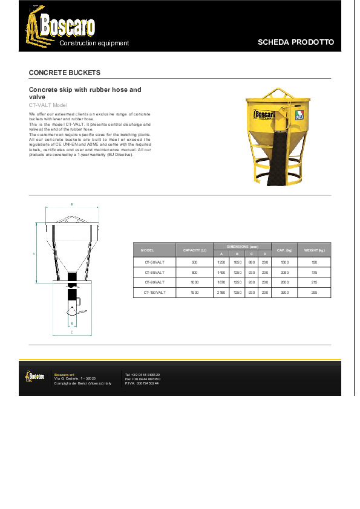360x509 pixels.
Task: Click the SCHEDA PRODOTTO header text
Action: (295, 42)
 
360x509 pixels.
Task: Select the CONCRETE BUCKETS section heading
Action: (65, 73)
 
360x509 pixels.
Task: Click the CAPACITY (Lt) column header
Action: (194, 250)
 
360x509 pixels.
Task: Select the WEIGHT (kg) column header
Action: (315, 250)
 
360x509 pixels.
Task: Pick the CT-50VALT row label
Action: (154, 262)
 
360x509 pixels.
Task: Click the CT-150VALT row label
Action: (154, 292)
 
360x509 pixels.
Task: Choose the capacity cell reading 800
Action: (194, 273)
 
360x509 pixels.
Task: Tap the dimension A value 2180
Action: (221, 292)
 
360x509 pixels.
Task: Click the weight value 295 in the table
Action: (315, 292)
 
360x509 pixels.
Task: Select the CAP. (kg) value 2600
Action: (284, 282)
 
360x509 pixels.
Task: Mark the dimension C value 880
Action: (252, 262)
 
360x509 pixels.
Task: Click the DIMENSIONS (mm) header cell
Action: (242, 247)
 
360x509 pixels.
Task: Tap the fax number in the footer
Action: (143, 379)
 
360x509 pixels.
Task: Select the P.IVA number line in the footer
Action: (142, 383)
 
